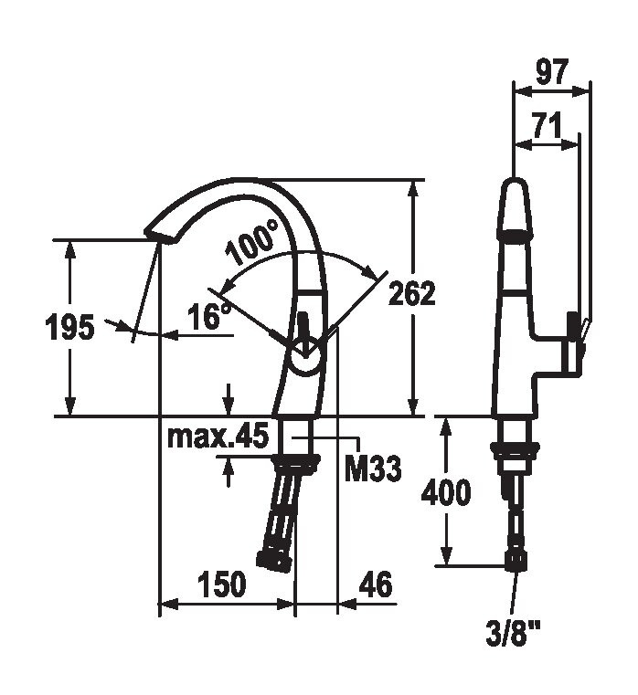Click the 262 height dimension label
[411, 293]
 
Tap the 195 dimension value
[69, 327]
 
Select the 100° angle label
[251, 242]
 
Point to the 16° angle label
[209, 315]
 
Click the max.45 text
[218, 437]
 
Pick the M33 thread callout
[373, 469]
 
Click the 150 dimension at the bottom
[221, 584]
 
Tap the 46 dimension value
[376, 584]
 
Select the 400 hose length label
[445, 491]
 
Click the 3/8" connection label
[514, 634]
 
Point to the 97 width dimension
[551, 72]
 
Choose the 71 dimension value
[547, 125]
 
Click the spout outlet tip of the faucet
[161, 236]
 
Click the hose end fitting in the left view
[273, 559]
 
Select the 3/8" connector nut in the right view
[516, 560]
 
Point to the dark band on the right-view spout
[515, 235]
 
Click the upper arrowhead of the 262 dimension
[413, 188]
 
